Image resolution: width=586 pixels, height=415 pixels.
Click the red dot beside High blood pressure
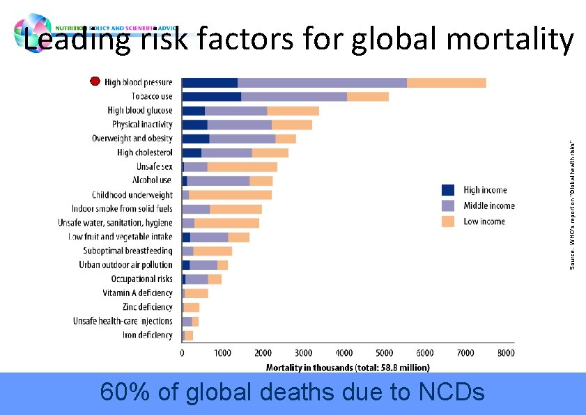95,81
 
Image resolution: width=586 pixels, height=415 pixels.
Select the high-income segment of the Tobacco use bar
211,97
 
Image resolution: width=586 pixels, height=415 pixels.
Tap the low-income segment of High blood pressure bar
446,83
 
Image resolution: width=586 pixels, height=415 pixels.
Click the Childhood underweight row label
132,195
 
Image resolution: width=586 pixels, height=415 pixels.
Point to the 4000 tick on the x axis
344,353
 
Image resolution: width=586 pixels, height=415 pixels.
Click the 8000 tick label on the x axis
506,353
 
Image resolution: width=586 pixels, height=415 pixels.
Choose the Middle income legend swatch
449,205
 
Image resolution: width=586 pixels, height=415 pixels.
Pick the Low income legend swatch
449,221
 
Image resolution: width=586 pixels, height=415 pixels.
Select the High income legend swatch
449,189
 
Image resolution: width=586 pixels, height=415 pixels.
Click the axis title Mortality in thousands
348,367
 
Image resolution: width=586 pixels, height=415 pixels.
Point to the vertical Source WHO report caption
572,205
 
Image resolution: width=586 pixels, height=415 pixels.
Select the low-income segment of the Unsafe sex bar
242,167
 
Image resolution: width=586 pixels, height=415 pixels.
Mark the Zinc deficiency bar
192,307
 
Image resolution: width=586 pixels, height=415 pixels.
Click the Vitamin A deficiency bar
196,293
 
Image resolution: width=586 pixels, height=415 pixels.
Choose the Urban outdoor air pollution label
125,265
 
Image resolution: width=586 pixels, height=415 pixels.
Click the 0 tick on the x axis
183,353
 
